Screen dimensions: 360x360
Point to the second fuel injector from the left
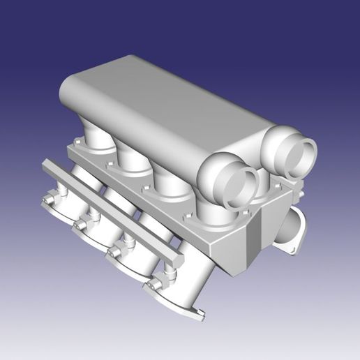click(82, 225)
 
